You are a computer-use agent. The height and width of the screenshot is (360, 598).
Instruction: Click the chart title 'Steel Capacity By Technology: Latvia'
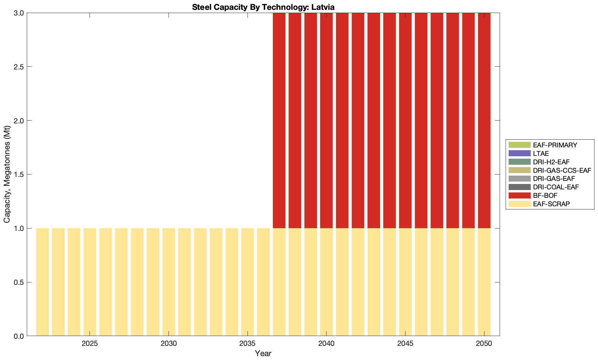(263, 7)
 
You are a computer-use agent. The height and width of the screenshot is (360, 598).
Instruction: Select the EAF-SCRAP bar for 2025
(90, 282)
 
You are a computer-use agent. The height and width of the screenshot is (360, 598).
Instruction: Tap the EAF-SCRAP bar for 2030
(169, 282)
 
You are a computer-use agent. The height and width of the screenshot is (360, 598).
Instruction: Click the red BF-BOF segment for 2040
(326, 120)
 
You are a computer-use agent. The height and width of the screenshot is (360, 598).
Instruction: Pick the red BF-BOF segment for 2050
(484, 120)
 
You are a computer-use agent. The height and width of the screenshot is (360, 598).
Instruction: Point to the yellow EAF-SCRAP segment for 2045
(405, 282)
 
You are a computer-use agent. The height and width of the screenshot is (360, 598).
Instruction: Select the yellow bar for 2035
(248, 282)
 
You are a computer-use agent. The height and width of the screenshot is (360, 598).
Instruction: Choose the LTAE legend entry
(541, 153)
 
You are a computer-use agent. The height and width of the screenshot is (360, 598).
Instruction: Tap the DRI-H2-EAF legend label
(551, 162)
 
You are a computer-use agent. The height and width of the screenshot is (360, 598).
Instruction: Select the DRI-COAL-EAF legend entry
(556, 187)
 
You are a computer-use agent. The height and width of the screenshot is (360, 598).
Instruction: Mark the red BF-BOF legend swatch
(519, 195)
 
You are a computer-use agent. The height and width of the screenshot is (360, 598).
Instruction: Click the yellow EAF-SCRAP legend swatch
(519, 204)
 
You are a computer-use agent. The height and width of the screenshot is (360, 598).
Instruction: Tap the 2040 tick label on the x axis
(326, 343)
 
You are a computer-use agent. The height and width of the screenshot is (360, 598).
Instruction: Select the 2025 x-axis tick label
(90, 343)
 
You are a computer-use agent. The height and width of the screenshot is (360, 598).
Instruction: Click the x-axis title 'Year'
(263, 353)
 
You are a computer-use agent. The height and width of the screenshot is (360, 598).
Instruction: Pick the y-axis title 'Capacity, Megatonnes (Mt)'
(7, 175)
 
